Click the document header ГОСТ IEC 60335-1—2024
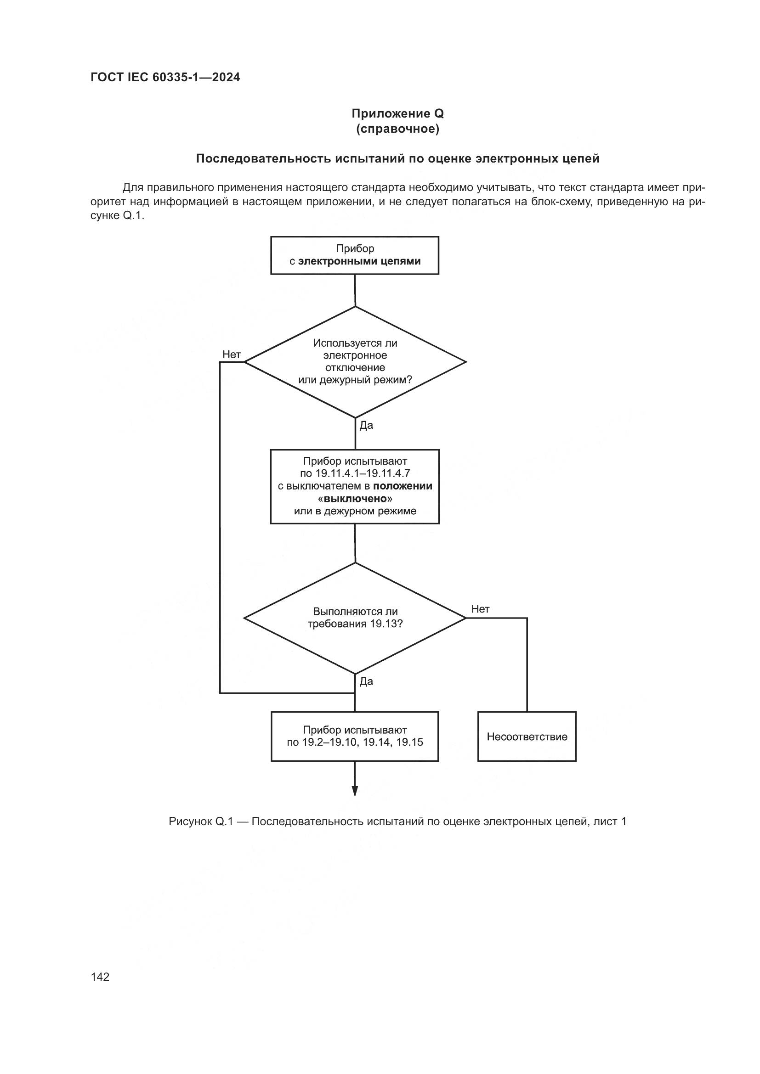[x=165, y=78]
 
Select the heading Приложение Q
[x=397, y=114]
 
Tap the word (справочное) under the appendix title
[x=397, y=129]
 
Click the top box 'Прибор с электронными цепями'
[x=355, y=255]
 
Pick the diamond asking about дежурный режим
[x=355, y=361]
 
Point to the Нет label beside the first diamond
[x=232, y=354]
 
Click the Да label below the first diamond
[x=366, y=426]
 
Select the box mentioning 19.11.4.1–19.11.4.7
[x=355, y=486]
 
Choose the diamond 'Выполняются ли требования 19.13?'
[x=355, y=618]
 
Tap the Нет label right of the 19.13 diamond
[x=480, y=609]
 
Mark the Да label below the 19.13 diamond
[x=366, y=681]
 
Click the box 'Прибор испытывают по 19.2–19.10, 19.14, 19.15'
[x=355, y=736]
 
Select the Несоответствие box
[x=527, y=737]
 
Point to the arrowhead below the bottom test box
[x=355, y=790]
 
